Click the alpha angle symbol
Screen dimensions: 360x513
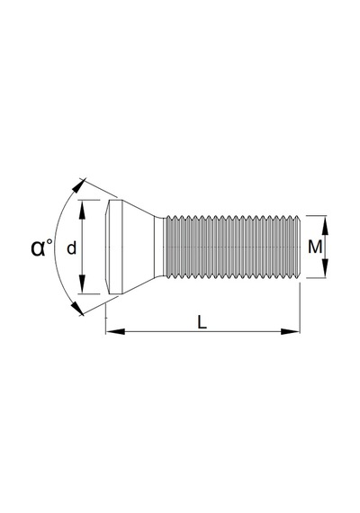point(38,248)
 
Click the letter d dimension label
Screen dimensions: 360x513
point(71,248)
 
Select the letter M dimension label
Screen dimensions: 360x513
point(315,247)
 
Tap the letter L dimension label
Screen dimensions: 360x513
point(202,322)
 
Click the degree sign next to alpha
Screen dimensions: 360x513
point(49,242)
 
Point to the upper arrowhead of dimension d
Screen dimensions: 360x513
point(82,210)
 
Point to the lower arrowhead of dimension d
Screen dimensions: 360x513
point(82,284)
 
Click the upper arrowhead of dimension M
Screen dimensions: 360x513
point(325,225)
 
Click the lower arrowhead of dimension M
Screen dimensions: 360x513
point(325,268)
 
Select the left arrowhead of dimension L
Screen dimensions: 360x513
point(115,331)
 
